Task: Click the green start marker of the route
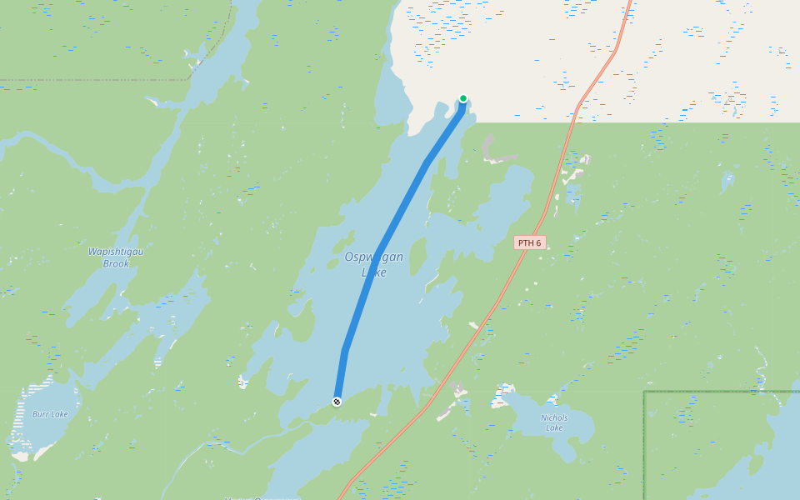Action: point(463,98)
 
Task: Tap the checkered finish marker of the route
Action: point(337,402)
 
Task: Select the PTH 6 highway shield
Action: point(529,242)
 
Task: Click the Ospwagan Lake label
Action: point(374,264)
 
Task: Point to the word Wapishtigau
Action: point(116,251)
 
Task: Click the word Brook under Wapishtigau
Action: point(116,263)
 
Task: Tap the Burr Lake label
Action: point(50,414)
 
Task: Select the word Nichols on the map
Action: point(554,417)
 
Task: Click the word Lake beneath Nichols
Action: point(554,428)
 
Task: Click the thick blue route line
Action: point(400,208)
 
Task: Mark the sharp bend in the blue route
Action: point(344,350)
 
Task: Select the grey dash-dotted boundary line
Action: point(100,80)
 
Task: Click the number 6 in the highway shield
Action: point(537,242)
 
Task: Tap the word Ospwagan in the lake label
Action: point(374,257)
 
